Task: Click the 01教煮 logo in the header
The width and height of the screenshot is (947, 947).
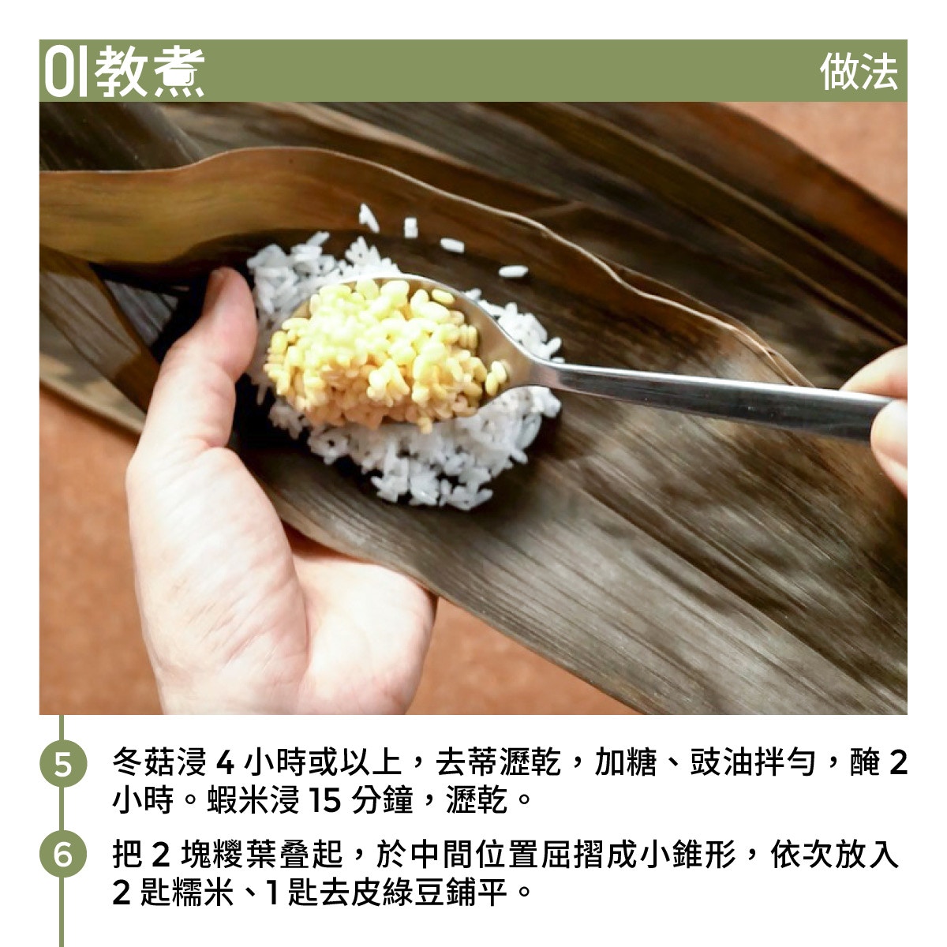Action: point(125,72)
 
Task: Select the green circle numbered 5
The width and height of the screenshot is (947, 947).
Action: point(63,763)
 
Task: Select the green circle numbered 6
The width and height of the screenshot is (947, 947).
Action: point(63,854)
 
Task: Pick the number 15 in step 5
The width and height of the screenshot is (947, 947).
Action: point(324,800)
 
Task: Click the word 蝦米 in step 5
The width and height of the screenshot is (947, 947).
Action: point(238,800)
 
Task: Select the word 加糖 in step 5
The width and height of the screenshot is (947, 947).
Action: point(626,762)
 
